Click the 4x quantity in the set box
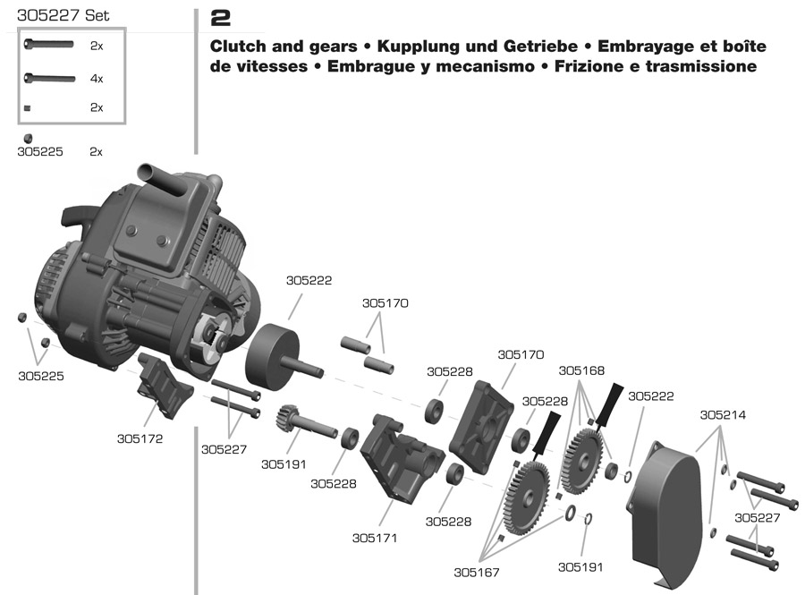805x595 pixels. pos(97,79)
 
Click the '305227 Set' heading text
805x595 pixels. pos(63,15)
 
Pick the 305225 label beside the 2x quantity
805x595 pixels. pos(40,152)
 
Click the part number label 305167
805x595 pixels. pos(476,572)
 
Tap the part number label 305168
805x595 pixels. pos(581,370)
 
